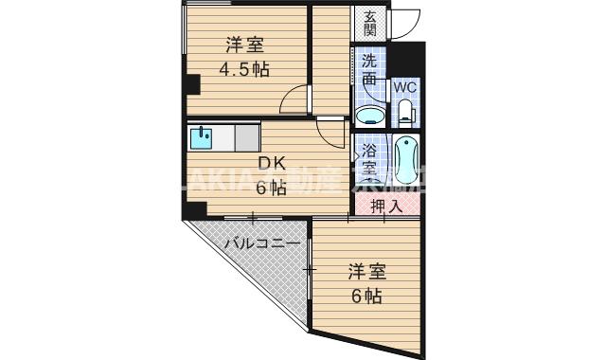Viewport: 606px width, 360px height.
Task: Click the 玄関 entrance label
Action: coord(369,23)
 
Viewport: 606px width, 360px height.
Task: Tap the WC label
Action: coord(405,86)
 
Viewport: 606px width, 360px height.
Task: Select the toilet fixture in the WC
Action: coord(405,114)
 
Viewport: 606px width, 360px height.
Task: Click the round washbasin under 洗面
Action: coord(369,117)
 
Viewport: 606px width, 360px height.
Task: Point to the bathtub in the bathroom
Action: coord(406,159)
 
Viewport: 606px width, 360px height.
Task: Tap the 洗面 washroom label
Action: coord(369,69)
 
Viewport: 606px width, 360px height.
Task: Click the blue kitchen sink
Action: coord(202,138)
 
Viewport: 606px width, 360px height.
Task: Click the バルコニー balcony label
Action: coord(262,243)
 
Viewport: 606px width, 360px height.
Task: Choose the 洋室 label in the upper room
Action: coord(244,45)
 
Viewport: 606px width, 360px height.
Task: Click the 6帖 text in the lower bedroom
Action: coord(365,297)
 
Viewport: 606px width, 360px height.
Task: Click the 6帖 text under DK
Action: coord(268,187)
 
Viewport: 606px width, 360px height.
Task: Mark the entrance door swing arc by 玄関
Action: coord(407,25)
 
